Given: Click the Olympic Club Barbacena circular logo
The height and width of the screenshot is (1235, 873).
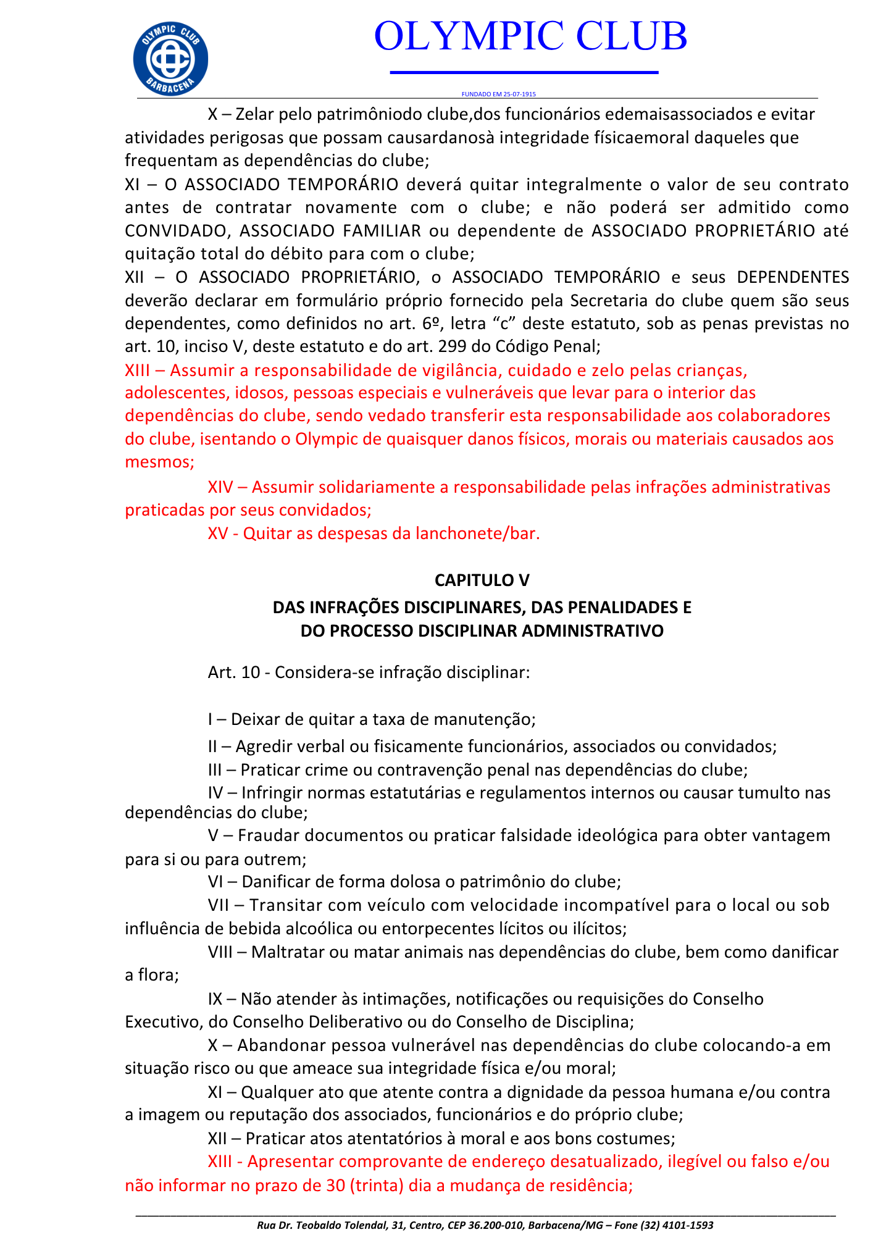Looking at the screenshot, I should (x=170, y=59).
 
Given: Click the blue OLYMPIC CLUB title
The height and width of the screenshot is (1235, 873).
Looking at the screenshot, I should (x=530, y=36).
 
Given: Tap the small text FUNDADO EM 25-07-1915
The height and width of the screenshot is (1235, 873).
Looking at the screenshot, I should (x=498, y=94).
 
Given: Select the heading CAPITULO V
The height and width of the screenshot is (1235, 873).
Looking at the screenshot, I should (x=482, y=580).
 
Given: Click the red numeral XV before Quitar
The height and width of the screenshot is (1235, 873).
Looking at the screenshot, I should (x=218, y=534).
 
